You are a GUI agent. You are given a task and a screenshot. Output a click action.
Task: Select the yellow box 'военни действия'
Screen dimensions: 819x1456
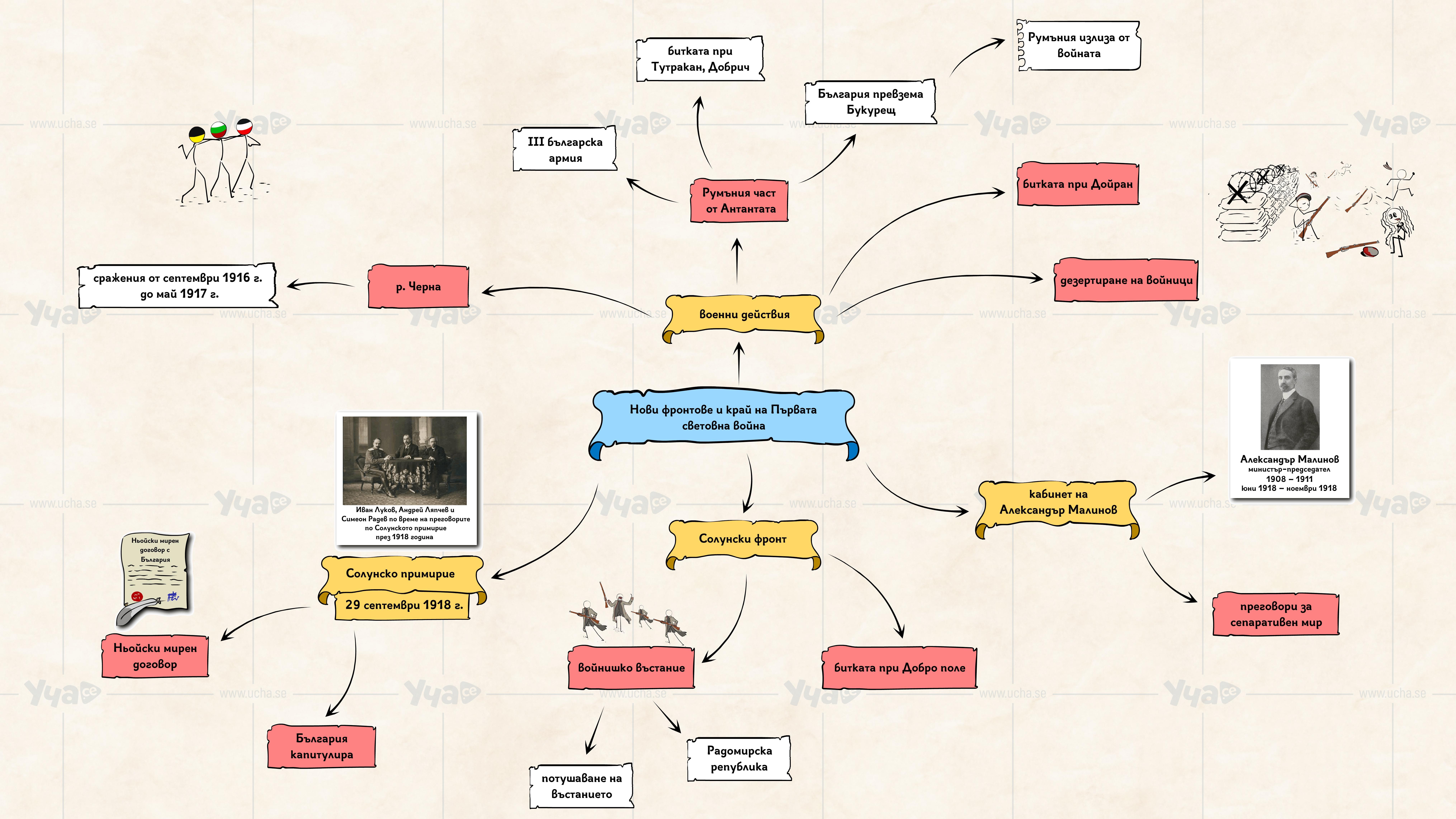point(744,314)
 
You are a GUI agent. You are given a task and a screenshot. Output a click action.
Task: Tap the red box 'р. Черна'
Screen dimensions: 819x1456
point(418,287)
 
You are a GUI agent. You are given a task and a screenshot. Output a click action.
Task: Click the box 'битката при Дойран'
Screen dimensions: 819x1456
point(1077,184)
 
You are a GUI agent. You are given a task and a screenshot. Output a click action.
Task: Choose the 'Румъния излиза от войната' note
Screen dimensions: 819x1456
point(1078,45)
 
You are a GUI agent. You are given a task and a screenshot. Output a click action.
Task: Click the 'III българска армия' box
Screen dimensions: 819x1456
point(565,150)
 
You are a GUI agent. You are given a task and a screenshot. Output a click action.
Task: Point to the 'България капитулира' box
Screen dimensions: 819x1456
point(322,746)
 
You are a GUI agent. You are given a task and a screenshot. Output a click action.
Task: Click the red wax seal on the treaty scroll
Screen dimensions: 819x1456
point(136,596)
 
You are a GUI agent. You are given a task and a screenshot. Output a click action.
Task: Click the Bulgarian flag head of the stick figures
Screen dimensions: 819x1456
point(218,130)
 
